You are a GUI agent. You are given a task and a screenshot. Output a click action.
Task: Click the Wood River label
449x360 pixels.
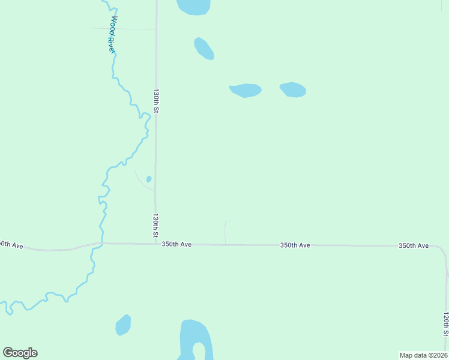pyautogui.click(x=111, y=35)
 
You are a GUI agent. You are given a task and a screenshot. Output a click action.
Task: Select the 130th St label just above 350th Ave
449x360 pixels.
pyautogui.click(x=155, y=226)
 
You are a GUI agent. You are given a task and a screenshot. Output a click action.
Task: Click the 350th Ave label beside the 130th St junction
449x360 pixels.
pyautogui.click(x=176, y=244)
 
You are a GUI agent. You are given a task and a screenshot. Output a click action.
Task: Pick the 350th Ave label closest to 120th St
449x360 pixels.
pyautogui.click(x=414, y=246)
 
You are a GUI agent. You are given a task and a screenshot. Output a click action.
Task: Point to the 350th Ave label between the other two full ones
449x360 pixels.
pyautogui.click(x=295, y=245)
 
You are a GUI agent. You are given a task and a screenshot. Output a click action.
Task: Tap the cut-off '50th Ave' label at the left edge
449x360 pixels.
pyautogui.click(x=11, y=245)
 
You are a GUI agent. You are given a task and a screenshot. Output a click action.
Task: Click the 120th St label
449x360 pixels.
pyautogui.click(x=445, y=323)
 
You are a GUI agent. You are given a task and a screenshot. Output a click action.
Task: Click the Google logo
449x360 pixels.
pyautogui.click(x=20, y=353)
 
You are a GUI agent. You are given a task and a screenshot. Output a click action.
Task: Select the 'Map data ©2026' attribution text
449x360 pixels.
pyautogui.click(x=423, y=355)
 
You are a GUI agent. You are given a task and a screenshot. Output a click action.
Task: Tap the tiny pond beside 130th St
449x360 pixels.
pyautogui.click(x=148, y=179)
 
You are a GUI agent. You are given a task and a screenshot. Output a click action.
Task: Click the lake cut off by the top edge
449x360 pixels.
pyautogui.click(x=193, y=6)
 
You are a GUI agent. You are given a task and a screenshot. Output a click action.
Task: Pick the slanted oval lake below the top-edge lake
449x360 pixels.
pyautogui.click(x=204, y=49)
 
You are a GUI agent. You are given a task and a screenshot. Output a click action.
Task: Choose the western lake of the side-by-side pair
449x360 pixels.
pyautogui.click(x=245, y=90)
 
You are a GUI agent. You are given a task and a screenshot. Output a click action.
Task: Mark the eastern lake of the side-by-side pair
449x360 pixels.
pyautogui.click(x=293, y=89)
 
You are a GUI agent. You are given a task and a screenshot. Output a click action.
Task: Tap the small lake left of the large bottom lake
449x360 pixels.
pyautogui.click(x=123, y=325)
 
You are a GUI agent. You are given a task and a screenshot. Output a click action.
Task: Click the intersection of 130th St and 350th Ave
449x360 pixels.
pyautogui.click(x=155, y=244)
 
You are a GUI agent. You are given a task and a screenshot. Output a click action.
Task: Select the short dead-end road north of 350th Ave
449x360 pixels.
pyautogui.click(x=226, y=231)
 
